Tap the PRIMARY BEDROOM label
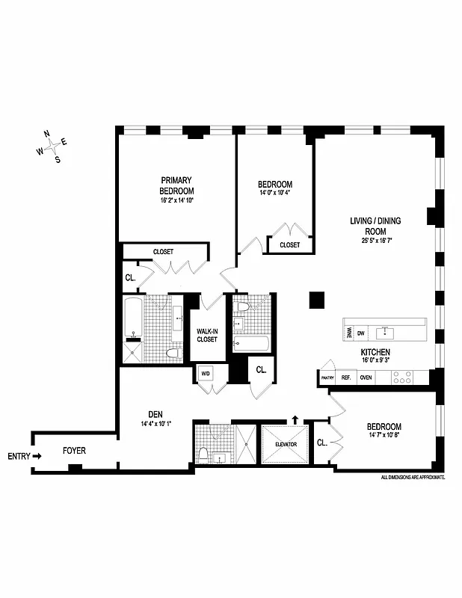(176, 185)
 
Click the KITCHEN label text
(375, 351)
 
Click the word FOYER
(73, 451)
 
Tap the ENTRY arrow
(36, 456)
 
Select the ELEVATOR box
(286, 444)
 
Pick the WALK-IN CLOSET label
(206, 335)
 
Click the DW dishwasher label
(360, 333)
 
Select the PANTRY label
(327, 378)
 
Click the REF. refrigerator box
(345, 378)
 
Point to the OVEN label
(366, 378)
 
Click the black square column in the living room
(317, 300)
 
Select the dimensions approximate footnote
(413, 476)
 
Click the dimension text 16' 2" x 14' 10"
(176, 200)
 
